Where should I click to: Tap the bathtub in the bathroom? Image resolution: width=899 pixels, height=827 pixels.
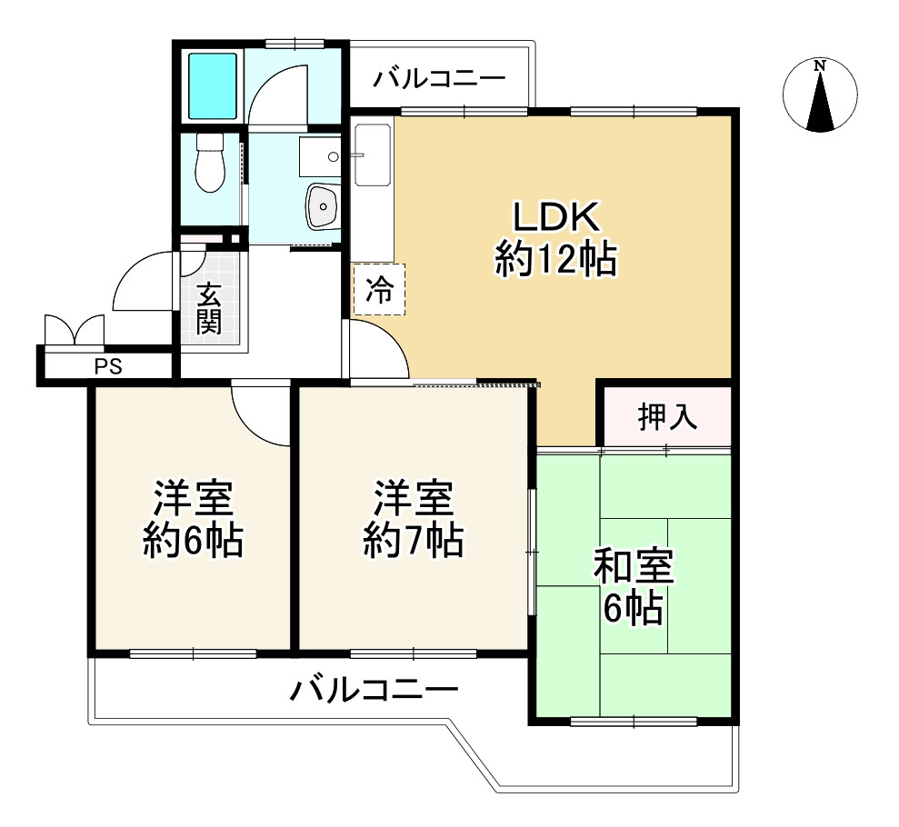click(213, 85)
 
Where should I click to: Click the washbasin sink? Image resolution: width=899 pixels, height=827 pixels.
click(324, 206)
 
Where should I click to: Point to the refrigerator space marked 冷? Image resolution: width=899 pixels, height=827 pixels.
click(380, 289)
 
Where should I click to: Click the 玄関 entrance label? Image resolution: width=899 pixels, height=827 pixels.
click(209, 308)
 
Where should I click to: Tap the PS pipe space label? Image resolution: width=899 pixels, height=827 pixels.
click(108, 366)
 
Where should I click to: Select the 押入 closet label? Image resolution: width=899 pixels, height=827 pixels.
click(667, 416)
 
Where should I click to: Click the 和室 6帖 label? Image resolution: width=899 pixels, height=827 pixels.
click(634, 586)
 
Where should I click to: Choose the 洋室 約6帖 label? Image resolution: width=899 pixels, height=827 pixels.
click(194, 519)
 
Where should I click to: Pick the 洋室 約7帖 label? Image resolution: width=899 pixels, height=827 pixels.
click(414, 519)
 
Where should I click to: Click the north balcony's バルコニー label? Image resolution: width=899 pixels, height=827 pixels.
click(440, 78)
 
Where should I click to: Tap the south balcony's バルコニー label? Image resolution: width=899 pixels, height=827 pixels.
click(374, 690)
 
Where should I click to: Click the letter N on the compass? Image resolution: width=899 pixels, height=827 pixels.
click(821, 65)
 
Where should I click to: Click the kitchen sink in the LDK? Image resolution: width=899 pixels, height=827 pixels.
click(373, 155)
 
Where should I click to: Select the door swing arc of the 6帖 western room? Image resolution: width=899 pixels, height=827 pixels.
click(253, 424)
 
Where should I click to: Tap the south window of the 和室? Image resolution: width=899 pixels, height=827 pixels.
click(634, 721)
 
